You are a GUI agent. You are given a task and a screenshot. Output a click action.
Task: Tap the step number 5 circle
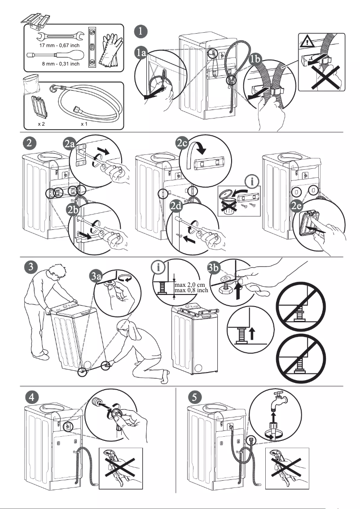click(193, 397)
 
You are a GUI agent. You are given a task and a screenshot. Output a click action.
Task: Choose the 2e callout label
click(298, 206)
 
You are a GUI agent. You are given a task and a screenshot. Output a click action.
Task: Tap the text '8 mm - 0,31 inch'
click(61, 64)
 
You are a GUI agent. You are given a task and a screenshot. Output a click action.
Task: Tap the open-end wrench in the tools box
click(60, 36)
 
